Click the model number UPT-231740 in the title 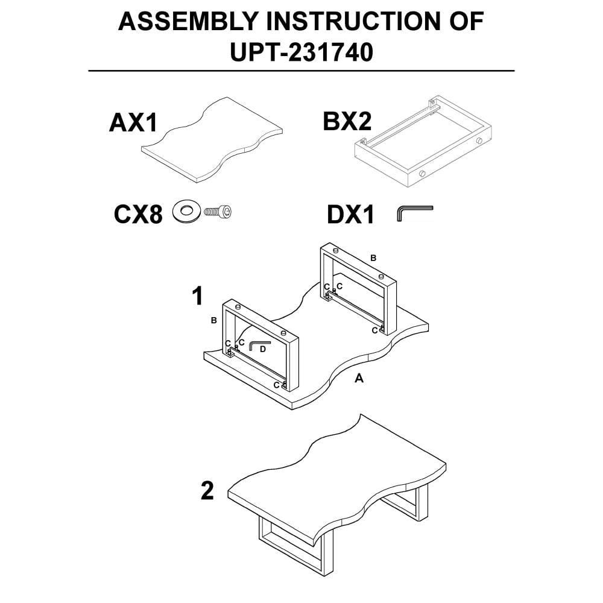tap(301, 52)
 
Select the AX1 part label tap(133, 122)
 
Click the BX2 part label tap(347, 121)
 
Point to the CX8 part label tap(137, 214)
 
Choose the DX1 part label tap(350, 215)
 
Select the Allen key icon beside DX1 tap(415, 213)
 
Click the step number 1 tap(197, 296)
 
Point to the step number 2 tap(207, 491)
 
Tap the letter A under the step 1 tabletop tap(359, 379)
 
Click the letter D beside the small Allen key tap(262, 349)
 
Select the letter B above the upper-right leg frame tap(373, 258)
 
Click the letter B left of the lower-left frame tap(213, 320)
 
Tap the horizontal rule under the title tap(301, 71)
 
